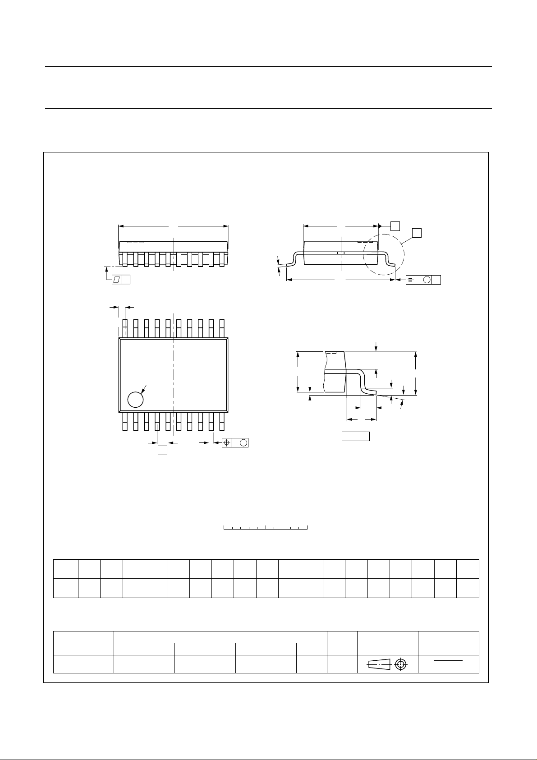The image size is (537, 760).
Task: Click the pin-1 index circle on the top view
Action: (135, 399)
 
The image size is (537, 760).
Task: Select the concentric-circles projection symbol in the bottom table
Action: (400, 664)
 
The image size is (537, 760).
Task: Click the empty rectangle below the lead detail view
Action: (355, 436)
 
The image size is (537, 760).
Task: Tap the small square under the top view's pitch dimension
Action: (163, 450)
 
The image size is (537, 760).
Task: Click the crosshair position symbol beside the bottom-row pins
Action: (227, 443)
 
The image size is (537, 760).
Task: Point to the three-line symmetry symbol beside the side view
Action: (411, 280)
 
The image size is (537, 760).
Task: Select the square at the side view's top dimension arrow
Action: (395, 226)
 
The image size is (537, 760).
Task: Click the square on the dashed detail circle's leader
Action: (417, 233)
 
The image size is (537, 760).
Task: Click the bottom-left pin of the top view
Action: (125, 421)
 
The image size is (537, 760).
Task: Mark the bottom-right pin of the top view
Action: (222, 421)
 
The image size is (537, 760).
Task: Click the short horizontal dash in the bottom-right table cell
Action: (449, 661)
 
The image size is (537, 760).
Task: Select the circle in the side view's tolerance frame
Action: (426, 280)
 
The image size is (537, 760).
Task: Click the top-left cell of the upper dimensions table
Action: (66, 569)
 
